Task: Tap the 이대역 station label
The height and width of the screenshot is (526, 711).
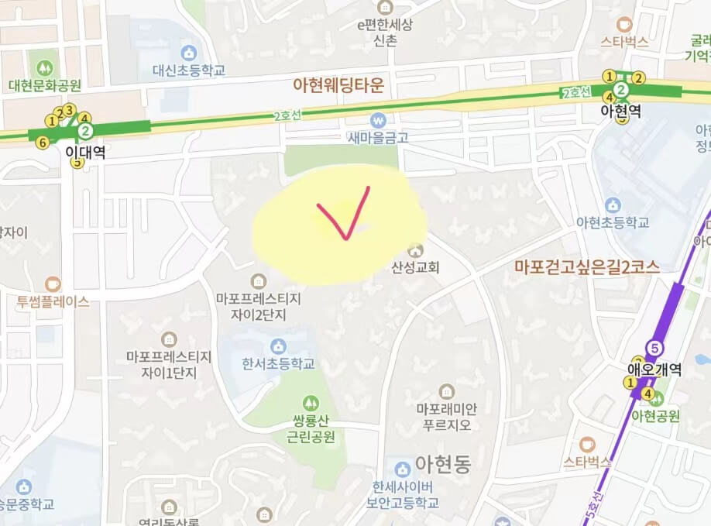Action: [85, 153]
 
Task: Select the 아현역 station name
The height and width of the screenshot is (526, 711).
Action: [620, 112]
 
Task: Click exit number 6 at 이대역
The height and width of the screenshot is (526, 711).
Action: [42, 142]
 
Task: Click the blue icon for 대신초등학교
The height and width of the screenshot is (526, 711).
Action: [187, 53]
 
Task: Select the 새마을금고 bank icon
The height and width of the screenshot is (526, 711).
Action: [378, 120]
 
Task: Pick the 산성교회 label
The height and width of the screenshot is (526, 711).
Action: [415, 267]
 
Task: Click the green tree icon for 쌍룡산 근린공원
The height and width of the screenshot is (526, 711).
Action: [310, 403]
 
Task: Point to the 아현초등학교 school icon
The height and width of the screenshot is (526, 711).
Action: [613, 205]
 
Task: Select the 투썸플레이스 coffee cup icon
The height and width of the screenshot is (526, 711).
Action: [52, 284]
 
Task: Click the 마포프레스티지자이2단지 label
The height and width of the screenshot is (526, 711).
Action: [258, 306]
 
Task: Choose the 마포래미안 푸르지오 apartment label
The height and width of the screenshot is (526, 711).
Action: [445, 417]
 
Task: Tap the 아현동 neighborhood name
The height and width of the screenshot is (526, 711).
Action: [442, 464]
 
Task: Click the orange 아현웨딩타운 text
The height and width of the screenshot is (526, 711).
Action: [338, 84]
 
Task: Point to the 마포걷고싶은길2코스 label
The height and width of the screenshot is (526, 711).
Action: [586, 267]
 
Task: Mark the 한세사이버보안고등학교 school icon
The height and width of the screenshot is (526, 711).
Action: [401, 469]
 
